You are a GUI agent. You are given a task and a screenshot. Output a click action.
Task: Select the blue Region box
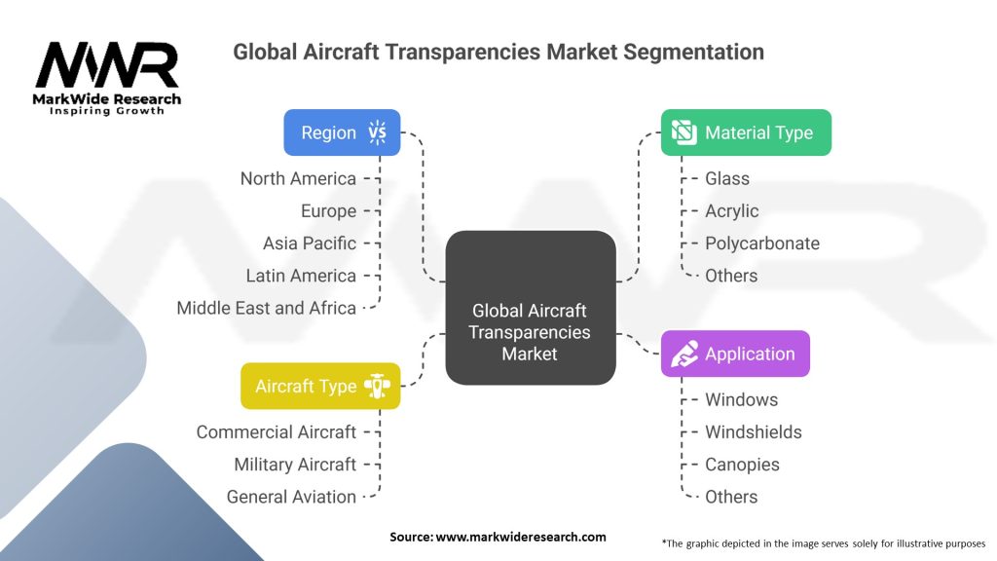coord(342,132)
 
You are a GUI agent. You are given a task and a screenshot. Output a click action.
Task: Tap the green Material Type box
coord(746,132)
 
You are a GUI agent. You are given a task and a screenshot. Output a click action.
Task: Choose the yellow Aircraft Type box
coord(320,386)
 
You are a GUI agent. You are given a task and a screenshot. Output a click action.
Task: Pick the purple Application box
coord(735,354)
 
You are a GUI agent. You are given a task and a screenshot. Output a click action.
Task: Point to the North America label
coord(298,178)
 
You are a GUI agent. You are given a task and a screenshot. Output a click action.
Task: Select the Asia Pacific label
coord(310,243)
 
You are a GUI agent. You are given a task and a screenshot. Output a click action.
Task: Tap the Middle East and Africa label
coord(267,308)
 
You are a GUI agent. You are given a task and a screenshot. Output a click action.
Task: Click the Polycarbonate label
coord(762,243)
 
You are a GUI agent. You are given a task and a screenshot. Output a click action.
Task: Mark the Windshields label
coord(754,431)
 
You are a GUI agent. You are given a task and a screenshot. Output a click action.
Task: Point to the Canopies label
coord(742,465)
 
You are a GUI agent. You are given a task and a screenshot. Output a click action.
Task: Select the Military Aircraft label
coord(295,465)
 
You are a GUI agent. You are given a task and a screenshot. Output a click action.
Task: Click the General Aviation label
coord(291,497)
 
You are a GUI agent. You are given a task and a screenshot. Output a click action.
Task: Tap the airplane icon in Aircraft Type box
coord(377,386)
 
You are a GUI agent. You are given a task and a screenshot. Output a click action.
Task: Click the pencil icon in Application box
coord(684,354)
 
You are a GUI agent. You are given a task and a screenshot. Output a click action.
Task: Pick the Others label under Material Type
coord(731,276)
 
